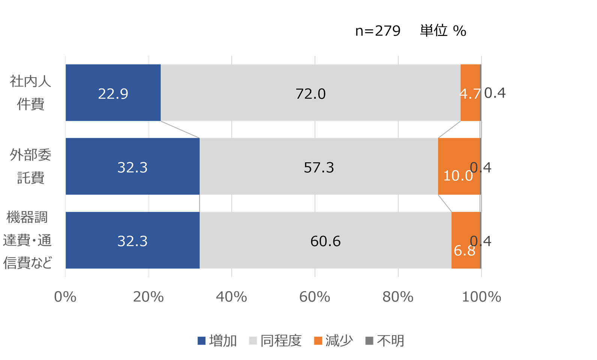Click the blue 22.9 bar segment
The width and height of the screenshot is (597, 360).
[113, 93]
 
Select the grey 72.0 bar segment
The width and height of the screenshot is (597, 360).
[310, 93]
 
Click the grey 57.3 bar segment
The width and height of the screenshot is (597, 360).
[319, 166]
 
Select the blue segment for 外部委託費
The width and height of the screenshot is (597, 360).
[132, 166]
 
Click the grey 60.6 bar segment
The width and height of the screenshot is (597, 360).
[325, 240]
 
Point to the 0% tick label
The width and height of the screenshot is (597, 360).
[65, 297]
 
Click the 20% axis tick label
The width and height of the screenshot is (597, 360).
[148, 297]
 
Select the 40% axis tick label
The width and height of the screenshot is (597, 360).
[231, 297]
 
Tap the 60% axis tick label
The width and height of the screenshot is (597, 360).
[315, 297]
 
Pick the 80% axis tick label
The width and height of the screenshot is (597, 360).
[398, 297]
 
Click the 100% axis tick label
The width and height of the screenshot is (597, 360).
[481, 297]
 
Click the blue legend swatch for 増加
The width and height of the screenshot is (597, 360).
[202, 341]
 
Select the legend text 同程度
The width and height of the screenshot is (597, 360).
[281, 341]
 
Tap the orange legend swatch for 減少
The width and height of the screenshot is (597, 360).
[318, 341]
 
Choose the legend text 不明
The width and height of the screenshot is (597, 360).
[390, 341]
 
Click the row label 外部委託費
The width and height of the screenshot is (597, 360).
[31, 166]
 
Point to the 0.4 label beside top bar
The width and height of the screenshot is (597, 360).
[495, 93]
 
